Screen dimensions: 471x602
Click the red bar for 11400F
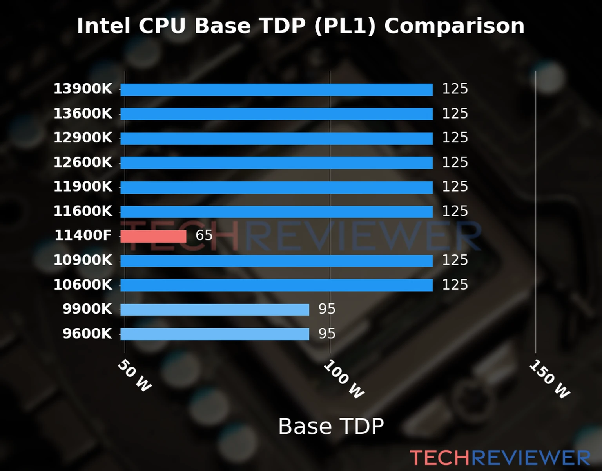153,236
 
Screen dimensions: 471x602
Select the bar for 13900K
276,89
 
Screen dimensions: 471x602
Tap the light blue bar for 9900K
214,310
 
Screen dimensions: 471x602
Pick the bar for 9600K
214,334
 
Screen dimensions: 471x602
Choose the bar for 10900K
276,261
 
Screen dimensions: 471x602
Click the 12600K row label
83,162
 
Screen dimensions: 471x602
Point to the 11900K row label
83,186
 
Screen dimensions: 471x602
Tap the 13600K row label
83,113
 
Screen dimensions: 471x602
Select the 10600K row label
83,285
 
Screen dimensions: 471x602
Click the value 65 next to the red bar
204,235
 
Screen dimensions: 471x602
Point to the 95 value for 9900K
327,309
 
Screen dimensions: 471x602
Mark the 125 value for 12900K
455,138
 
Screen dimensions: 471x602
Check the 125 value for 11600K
455,211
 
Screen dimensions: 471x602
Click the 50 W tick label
134,376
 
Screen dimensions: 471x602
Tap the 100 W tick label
344,379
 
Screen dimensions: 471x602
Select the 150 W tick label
549,379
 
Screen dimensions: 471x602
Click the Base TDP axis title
331,426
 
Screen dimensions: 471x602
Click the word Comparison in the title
454,26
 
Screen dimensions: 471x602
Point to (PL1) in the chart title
345,26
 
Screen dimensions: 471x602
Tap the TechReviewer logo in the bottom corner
500,458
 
